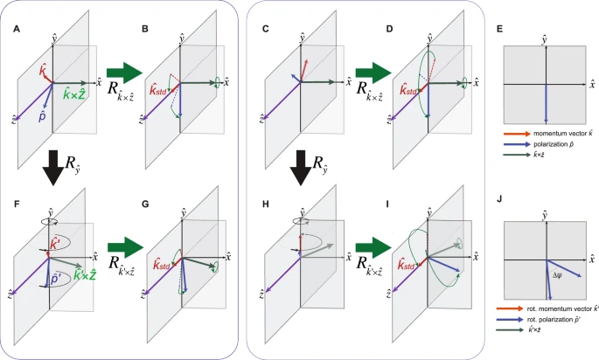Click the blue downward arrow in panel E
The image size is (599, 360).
tap(546, 99)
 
